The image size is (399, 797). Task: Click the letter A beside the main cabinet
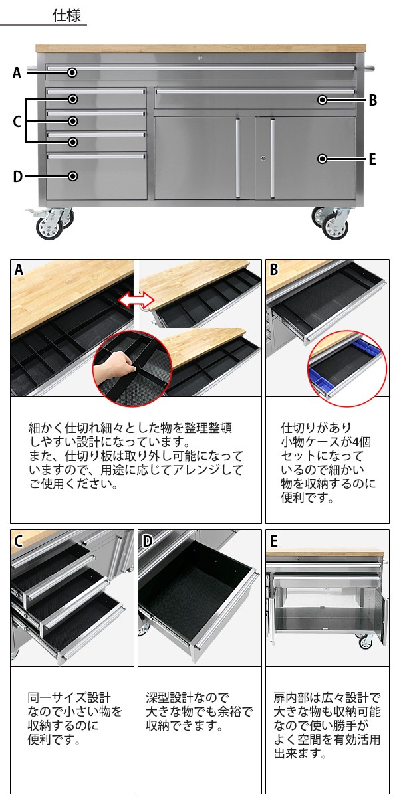(17, 73)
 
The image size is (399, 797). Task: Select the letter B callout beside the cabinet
(372, 100)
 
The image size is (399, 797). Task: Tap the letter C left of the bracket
(17, 122)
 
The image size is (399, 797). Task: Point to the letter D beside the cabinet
(17, 177)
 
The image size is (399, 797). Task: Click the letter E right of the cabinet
(372, 159)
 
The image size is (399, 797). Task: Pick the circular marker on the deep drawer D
(72, 176)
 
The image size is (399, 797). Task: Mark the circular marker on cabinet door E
(323, 159)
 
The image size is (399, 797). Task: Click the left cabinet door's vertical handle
(238, 158)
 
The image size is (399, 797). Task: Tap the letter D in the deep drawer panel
(148, 541)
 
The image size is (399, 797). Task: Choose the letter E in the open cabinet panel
(274, 541)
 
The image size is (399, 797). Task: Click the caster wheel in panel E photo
(364, 641)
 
